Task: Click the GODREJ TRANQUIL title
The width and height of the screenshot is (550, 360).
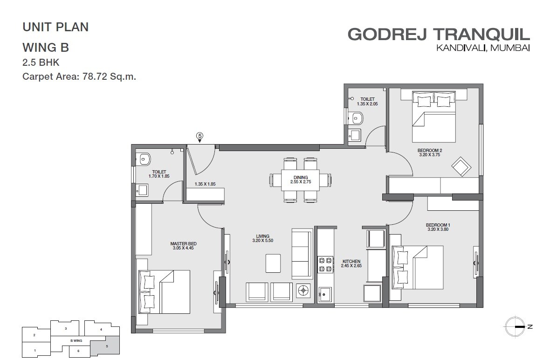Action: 439,34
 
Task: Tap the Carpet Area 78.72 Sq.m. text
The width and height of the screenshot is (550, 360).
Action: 79,77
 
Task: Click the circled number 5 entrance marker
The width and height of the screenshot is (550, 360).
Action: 199,136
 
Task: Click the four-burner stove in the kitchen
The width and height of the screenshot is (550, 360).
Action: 324,264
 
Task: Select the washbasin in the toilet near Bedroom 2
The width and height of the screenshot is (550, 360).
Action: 355,135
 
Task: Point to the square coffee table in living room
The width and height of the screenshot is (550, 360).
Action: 273,263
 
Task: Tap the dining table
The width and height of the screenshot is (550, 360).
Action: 300,180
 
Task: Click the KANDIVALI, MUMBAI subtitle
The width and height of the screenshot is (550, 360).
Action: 483,48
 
